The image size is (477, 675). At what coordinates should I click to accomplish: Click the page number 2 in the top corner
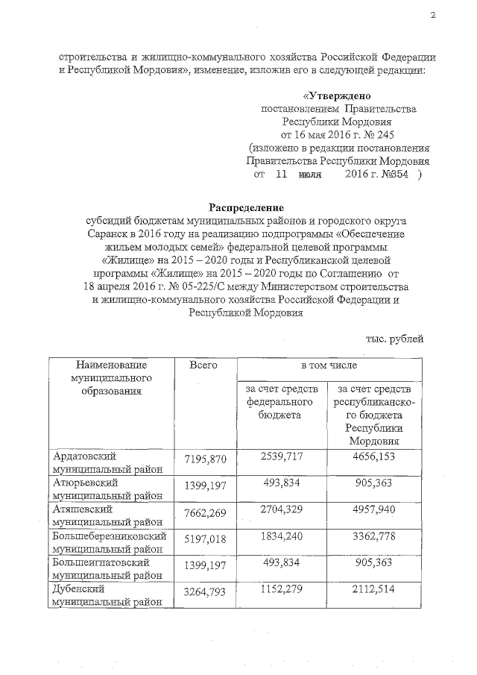coord(432,16)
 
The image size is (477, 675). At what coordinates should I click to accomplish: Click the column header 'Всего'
coord(203,365)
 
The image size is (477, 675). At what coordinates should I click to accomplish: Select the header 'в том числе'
coord(328,365)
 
